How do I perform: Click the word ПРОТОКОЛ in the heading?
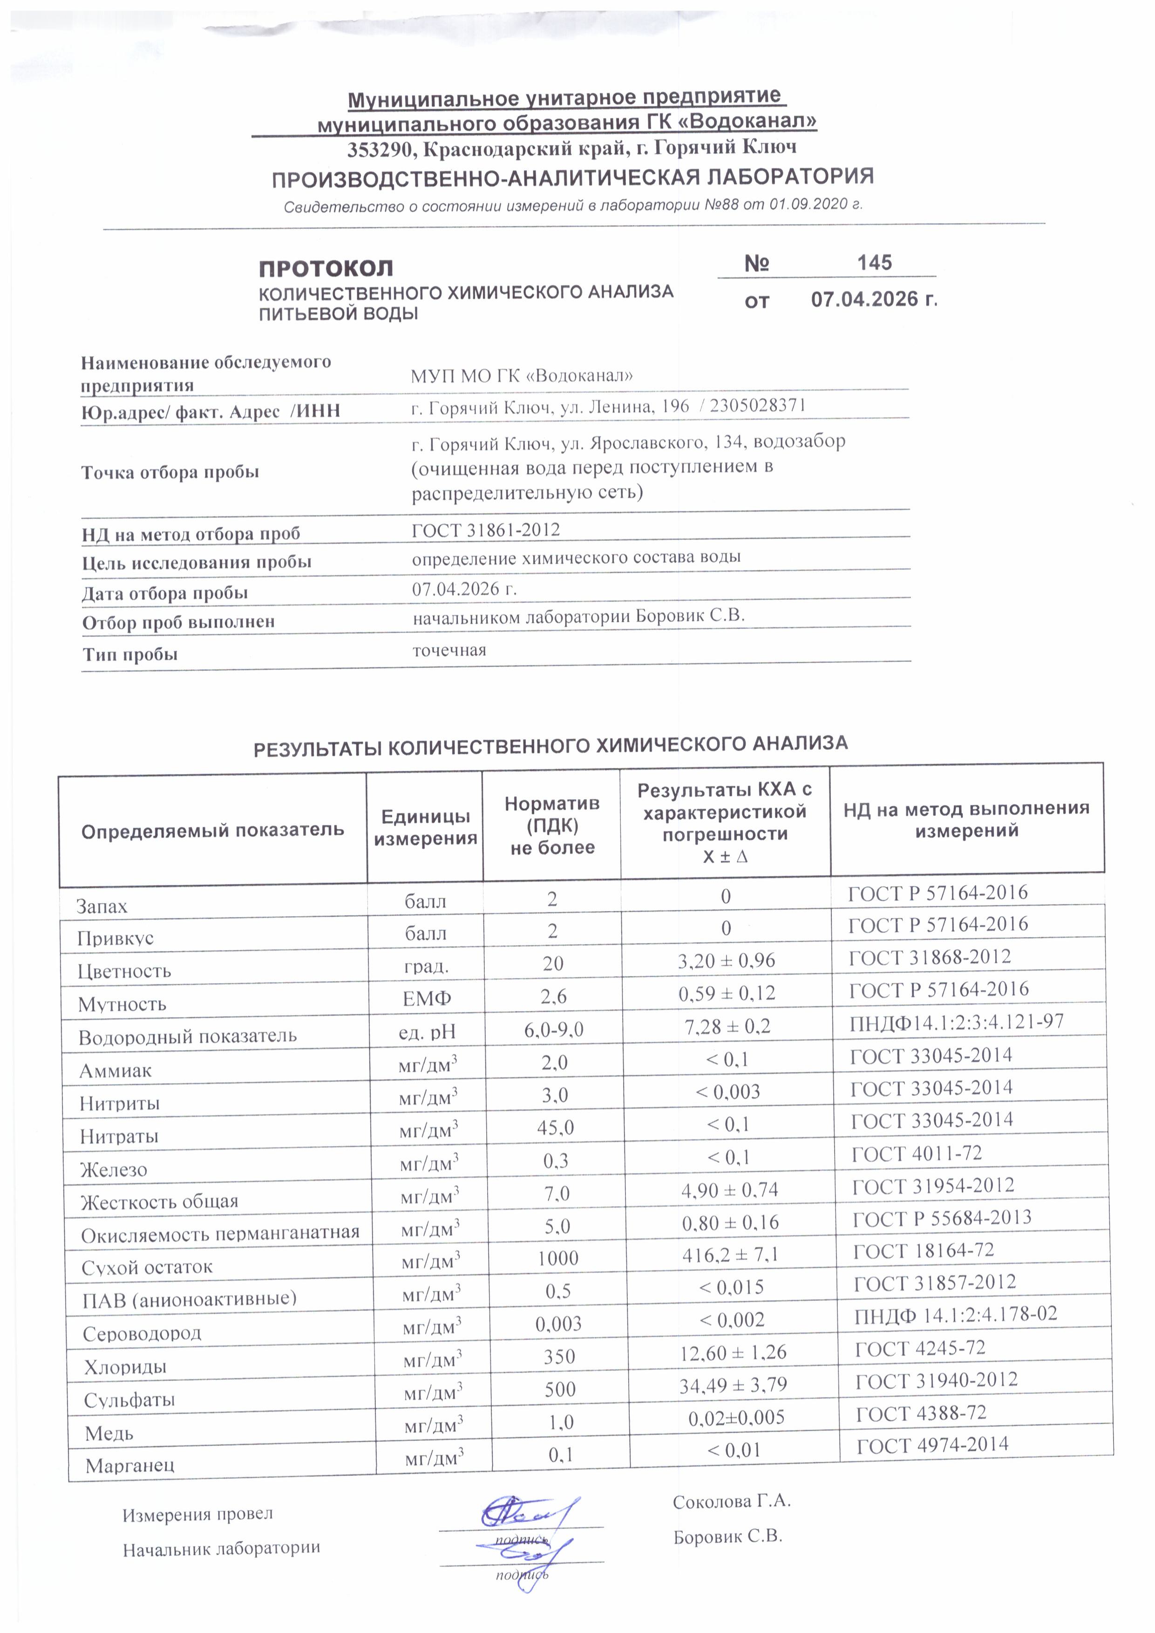click(325, 269)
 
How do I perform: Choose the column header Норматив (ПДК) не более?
click(551, 825)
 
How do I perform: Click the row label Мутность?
click(122, 1004)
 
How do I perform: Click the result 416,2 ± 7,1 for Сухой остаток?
click(730, 1255)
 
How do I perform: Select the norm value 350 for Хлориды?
click(559, 1356)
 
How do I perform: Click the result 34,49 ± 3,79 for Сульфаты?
click(734, 1385)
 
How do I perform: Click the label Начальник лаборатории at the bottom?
click(221, 1548)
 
